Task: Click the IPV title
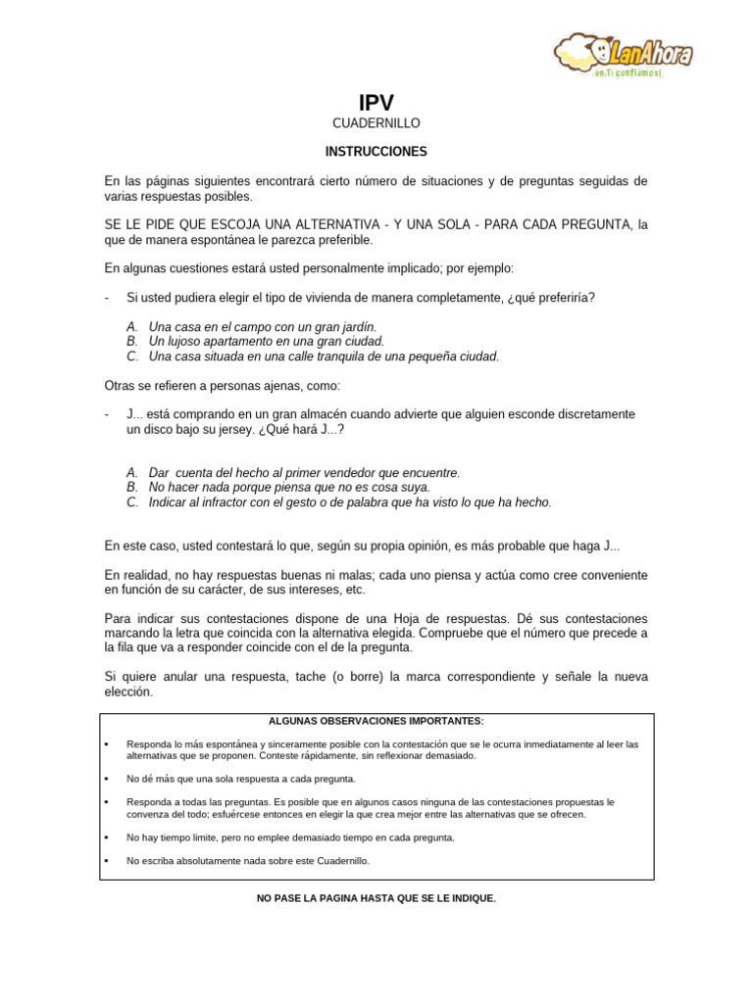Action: pyautogui.click(x=376, y=102)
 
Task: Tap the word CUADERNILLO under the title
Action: pyautogui.click(x=376, y=123)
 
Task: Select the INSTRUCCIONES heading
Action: pyautogui.click(x=376, y=152)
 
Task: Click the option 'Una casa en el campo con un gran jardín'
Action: pyautogui.click(x=262, y=325)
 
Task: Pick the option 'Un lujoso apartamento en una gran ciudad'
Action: pyautogui.click(x=266, y=341)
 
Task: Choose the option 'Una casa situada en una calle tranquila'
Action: pyautogui.click(x=324, y=357)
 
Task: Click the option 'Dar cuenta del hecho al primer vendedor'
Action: pyautogui.click(x=304, y=472)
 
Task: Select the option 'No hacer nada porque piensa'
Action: pyautogui.click(x=289, y=487)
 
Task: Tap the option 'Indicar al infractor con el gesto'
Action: pyautogui.click(x=350, y=502)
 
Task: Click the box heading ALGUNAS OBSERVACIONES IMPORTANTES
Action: pyautogui.click(x=376, y=721)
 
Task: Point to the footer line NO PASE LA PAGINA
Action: pyautogui.click(x=376, y=897)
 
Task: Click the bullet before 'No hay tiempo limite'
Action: pyautogui.click(x=106, y=838)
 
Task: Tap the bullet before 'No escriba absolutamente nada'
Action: pyautogui.click(x=106, y=862)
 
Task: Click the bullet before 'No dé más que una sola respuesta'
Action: pyautogui.click(x=106, y=778)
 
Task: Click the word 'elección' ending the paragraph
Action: pyautogui.click(x=128, y=692)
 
